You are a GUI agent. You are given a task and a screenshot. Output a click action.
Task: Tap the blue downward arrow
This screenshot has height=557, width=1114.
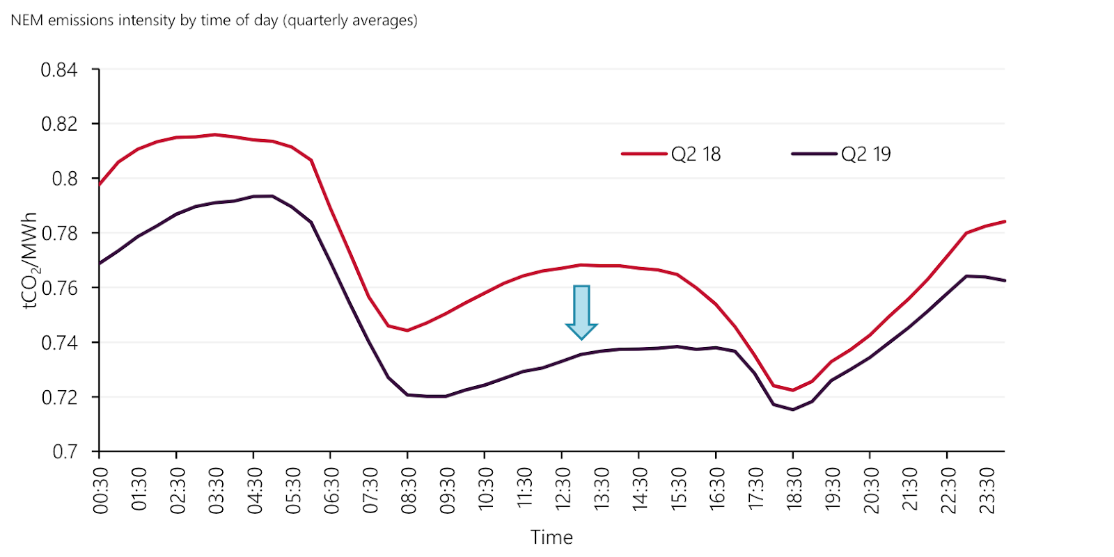click(581, 312)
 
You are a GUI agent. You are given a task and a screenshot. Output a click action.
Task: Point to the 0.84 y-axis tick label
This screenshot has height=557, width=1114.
click(59, 70)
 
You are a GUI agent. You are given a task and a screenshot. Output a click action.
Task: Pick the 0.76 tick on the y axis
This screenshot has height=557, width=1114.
click(60, 288)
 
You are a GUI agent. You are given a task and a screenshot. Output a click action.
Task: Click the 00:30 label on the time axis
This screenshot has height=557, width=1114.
click(101, 491)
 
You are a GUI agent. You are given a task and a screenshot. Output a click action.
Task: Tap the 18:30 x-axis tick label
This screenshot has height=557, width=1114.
click(794, 491)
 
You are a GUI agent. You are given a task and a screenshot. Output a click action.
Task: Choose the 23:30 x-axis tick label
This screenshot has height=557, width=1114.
click(987, 491)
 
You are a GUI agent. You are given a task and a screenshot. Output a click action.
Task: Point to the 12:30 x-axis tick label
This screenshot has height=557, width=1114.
click(563, 491)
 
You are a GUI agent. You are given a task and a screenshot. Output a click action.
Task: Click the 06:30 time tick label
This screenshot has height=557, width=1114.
click(332, 491)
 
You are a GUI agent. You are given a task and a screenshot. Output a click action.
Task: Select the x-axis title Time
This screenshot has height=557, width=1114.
click(551, 538)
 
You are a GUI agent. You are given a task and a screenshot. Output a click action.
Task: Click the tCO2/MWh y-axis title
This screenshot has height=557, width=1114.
click(29, 261)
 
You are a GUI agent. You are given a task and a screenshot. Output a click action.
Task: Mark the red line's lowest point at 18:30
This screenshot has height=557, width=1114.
click(792, 390)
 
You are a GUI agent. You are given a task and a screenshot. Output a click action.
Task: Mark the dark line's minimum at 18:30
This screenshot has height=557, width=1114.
click(792, 410)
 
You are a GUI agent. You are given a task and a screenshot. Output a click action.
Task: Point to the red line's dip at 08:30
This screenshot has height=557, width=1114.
click(407, 330)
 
